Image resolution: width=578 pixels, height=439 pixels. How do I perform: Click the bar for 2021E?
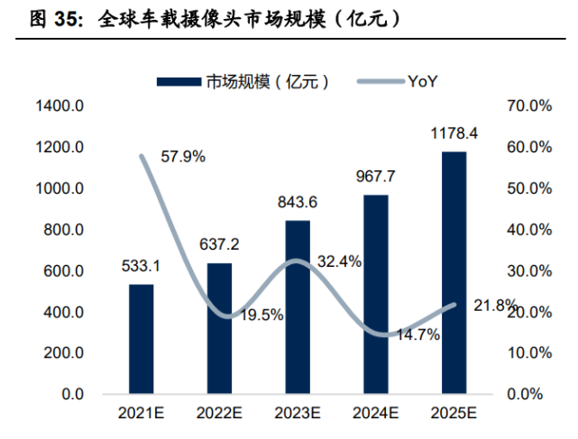[x=142, y=339]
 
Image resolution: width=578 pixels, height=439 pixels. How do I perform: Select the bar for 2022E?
[x=219, y=328]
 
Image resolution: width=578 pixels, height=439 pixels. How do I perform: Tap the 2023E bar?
[x=298, y=307]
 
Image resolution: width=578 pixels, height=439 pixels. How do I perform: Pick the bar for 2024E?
[x=376, y=294]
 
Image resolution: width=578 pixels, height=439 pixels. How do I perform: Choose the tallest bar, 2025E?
[x=454, y=272]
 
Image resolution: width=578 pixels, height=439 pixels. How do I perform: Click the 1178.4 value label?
[x=454, y=133]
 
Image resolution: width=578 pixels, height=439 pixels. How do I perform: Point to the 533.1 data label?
[x=141, y=266]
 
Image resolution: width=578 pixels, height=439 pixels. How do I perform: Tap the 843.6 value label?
[x=298, y=202]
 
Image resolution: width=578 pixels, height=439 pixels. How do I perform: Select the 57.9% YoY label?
[x=183, y=157]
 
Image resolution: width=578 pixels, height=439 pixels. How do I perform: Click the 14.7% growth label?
[x=418, y=334]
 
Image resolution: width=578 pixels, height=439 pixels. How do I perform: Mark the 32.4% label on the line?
[x=340, y=261]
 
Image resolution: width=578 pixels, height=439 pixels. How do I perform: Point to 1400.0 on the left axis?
[x=60, y=106]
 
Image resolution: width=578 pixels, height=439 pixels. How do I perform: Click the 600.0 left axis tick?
[x=63, y=271]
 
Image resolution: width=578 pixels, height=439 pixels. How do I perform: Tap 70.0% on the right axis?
[x=529, y=106]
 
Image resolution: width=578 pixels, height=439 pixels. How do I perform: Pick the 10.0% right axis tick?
[x=529, y=353]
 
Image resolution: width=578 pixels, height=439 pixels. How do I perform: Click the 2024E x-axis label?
[x=376, y=413]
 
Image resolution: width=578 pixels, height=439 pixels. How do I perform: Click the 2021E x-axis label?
[x=142, y=413]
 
